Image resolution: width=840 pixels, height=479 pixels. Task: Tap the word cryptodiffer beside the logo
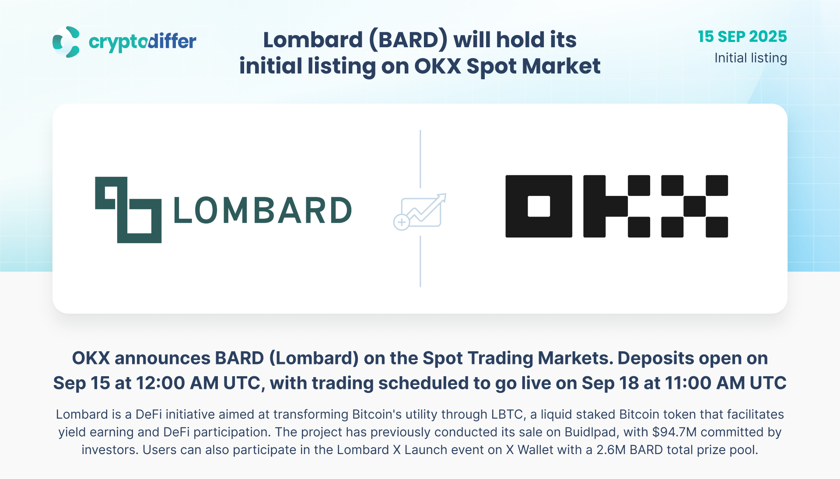click(x=143, y=42)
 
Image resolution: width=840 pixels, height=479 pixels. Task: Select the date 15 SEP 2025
click(x=742, y=37)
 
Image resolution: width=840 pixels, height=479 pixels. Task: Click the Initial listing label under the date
click(x=751, y=58)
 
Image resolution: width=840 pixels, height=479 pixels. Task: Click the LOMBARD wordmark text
click(x=262, y=210)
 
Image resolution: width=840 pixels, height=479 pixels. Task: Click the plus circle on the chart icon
click(x=401, y=222)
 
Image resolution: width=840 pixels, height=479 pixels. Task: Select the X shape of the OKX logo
click(x=695, y=206)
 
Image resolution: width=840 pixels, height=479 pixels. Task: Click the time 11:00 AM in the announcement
click(x=705, y=383)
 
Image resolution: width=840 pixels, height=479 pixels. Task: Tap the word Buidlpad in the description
click(x=591, y=432)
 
